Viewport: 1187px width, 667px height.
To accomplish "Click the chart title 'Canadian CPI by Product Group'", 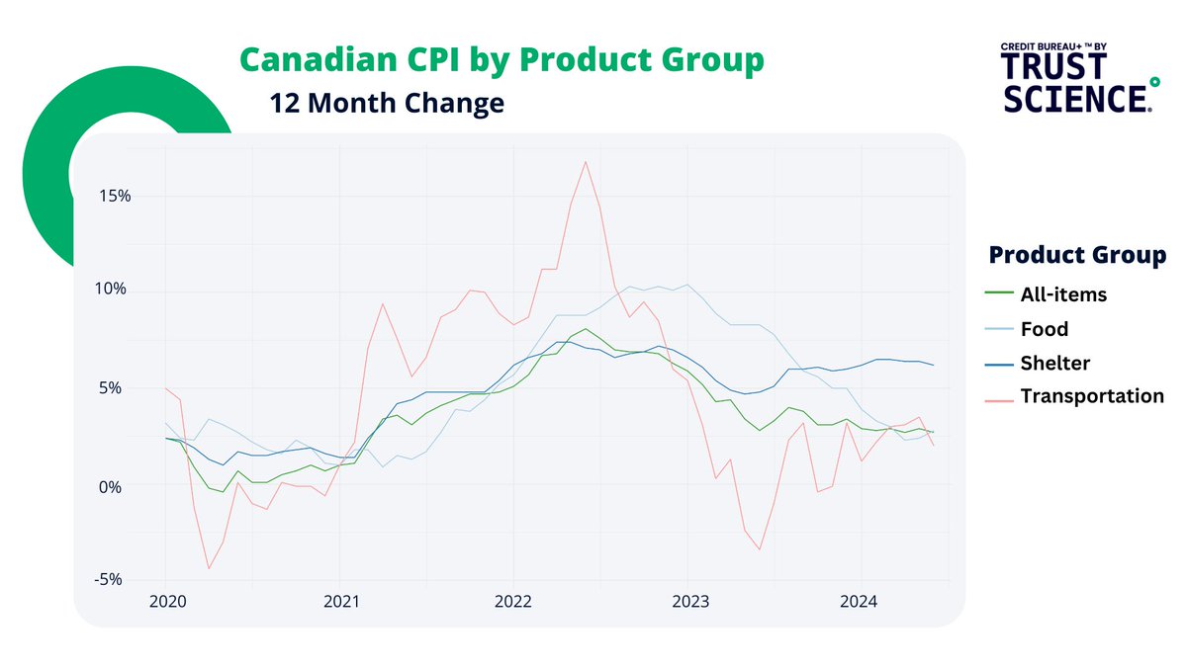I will [502, 59].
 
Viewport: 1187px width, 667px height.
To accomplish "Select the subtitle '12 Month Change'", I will [387, 103].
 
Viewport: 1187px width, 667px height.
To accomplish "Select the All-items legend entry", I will [1062, 293].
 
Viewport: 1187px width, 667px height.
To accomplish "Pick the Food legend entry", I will [1044, 328].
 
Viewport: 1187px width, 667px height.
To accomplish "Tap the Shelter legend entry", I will [1054, 363].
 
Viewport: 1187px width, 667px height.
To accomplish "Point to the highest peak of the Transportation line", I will [586, 161].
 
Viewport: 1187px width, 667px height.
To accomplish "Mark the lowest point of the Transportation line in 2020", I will [209, 568].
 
